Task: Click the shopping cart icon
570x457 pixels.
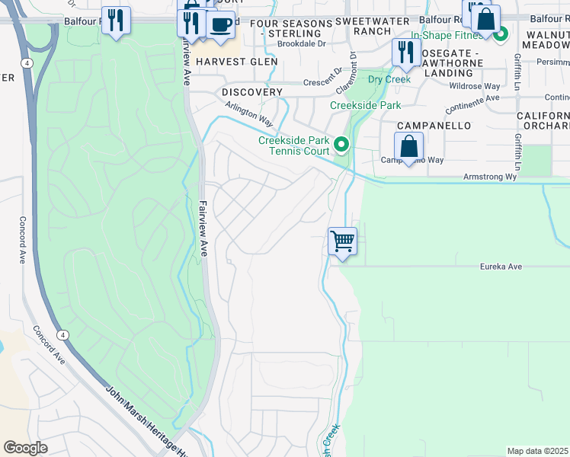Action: pyautogui.click(x=342, y=241)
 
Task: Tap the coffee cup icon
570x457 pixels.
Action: pyautogui.click(x=220, y=24)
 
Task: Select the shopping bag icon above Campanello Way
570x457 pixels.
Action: pyautogui.click(x=408, y=146)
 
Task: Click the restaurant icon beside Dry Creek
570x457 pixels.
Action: pyautogui.click(x=405, y=53)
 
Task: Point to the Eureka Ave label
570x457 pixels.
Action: pyautogui.click(x=501, y=267)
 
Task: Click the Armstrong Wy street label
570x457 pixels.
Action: pyautogui.click(x=490, y=177)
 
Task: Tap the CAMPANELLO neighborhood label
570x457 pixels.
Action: pyautogui.click(x=433, y=125)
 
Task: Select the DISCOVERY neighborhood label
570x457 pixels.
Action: pyautogui.click(x=252, y=92)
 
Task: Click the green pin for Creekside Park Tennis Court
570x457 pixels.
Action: pyautogui.click(x=342, y=143)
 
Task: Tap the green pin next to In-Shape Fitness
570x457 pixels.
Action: pyautogui.click(x=501, y=34)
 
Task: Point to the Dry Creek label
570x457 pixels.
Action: pyautogui.click(x=389, y=79)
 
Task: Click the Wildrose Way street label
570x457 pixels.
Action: pyautogui.click(x=475, y=87)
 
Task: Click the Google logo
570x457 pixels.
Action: pyautogui.click(x=26, y=448)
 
